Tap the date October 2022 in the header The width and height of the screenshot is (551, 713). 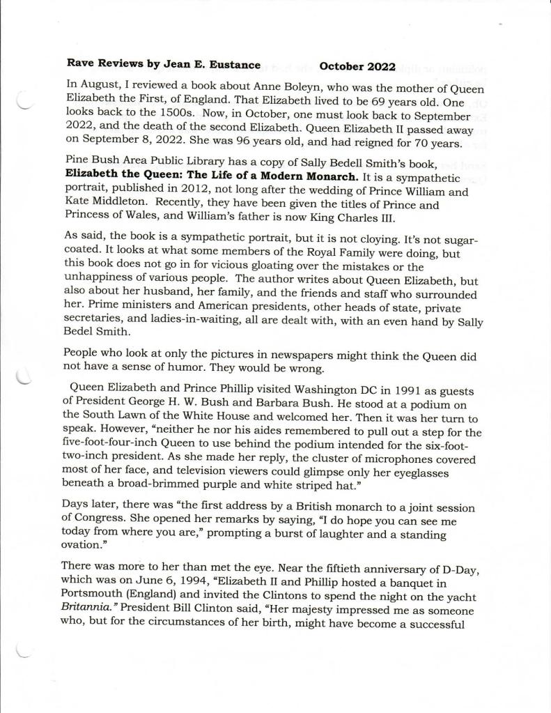(x=357, y=67)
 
